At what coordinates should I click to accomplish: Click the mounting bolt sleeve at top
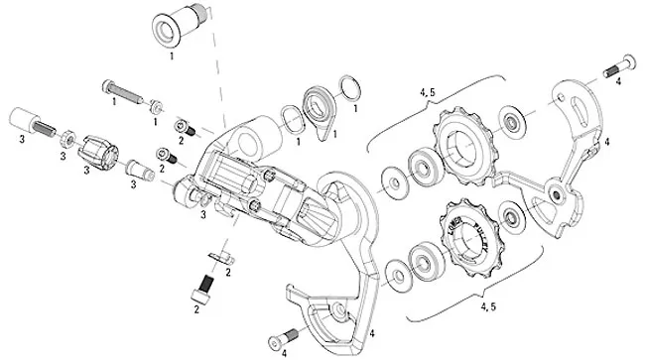point(176,30)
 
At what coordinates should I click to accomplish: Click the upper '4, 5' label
point(428,92)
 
